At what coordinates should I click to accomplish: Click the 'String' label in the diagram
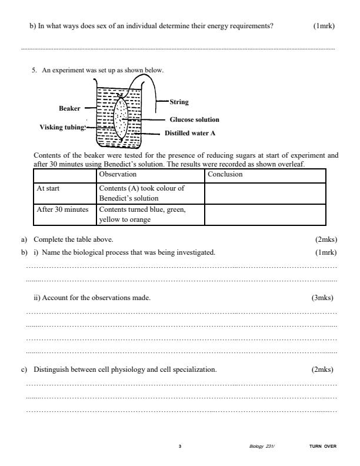click(179, 102)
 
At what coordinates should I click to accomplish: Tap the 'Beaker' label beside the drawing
click(69, 108)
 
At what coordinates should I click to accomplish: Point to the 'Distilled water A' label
click(189, 133)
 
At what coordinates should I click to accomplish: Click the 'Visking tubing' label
click(62, 127)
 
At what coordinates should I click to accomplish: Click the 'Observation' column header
click(118, 174)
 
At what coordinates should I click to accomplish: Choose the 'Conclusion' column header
click(225, 174)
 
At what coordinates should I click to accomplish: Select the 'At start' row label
click(49, 188)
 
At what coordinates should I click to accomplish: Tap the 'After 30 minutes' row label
click(62, 209)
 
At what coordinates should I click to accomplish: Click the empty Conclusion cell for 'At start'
click(265, 193)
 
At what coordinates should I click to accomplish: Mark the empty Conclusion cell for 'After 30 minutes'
click(265, 214)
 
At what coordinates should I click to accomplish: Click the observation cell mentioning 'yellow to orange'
click(149, 214)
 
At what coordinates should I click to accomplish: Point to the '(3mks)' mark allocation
click(322, 298)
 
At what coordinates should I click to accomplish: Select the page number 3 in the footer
click(180, 446)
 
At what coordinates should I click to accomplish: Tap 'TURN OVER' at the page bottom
click(322, 446)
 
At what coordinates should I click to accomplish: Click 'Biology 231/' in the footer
click(262, 446)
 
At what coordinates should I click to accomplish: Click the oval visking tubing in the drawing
click(121, 119)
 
